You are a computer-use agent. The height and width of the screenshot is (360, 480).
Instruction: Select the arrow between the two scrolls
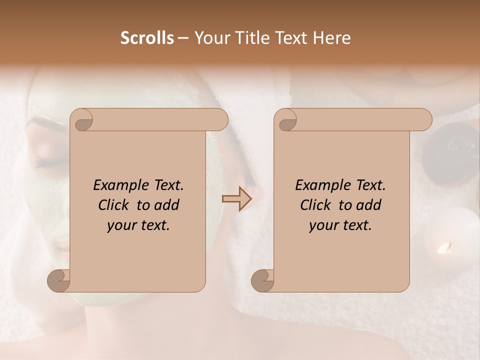[236, 199]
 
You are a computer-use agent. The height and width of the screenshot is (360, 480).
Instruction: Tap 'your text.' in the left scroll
[138, 225]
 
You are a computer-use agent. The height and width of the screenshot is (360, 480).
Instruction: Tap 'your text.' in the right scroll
[340, 225]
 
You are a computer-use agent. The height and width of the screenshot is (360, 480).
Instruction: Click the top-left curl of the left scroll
[82, 120]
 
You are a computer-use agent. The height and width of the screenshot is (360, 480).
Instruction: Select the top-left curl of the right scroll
[286, 120]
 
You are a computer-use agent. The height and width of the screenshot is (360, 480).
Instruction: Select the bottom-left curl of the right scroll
[263, 280]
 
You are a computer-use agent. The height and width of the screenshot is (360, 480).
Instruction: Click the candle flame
[443, 247]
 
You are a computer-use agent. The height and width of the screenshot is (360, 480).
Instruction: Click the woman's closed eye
[47, 163]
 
